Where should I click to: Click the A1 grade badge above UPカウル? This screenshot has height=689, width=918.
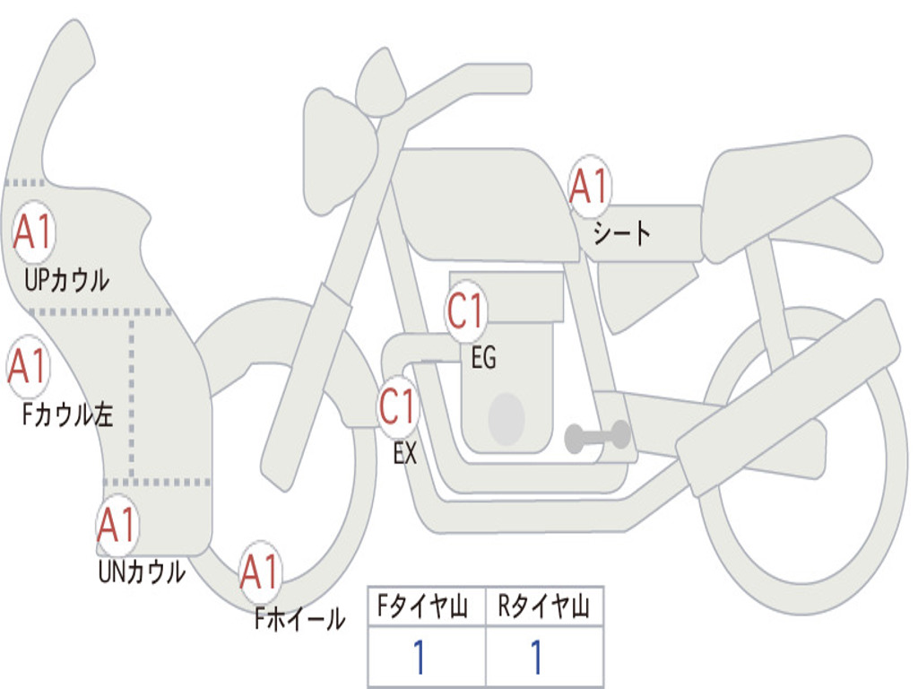[x=33, y=232]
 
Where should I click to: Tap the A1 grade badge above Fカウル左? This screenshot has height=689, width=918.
[x=28, y=366]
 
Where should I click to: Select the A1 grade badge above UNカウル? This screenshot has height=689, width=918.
[x=117, y=525]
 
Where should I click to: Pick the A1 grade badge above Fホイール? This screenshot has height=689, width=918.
[x=260, y=571]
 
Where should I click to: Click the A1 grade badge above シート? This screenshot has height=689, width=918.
[x=589, y=187]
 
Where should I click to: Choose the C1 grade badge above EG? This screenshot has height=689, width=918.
[x=466, y=312]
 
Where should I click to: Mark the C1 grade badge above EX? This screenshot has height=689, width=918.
[x=397, y=406]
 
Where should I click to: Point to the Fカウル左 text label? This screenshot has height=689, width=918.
[x=68, y=414]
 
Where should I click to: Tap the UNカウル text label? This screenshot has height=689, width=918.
[x=142, y=571]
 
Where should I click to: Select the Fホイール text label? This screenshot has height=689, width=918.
[x=299, y=619]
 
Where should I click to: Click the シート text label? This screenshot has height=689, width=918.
[x=621, y=234]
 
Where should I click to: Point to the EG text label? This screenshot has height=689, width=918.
[x=483, y=359]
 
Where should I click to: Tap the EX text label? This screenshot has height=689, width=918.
[x=405, y=453]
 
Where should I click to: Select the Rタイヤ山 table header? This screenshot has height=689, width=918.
[x=543, y=607]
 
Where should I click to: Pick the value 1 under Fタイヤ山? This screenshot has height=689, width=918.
[x=419, y=658]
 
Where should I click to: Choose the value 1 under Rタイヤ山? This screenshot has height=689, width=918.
[x=536, y=658]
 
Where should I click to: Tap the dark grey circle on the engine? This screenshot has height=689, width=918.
[x=507, y=418]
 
